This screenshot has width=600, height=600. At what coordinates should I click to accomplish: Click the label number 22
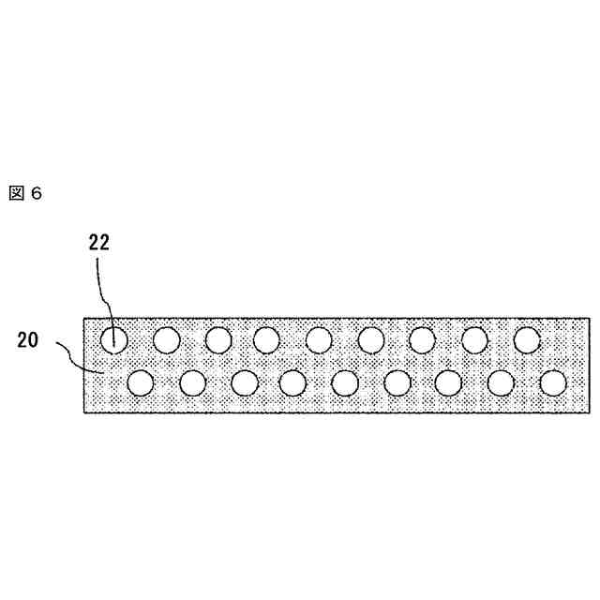99,242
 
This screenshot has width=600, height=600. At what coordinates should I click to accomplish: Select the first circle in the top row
114,338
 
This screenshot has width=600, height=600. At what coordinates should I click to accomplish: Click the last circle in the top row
528,338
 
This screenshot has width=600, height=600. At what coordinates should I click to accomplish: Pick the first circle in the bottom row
141,382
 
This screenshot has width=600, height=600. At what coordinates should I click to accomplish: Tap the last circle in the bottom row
553,382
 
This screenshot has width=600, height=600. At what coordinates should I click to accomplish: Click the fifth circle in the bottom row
346,382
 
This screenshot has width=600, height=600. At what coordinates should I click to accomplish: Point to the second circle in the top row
167,338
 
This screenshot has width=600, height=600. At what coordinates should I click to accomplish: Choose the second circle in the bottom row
192,382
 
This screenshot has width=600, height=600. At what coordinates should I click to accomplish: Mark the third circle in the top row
218,338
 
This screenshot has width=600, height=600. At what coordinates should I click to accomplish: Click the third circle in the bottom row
245,382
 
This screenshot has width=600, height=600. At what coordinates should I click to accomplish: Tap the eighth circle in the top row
475,338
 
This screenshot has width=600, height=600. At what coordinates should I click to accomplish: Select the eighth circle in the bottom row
502,382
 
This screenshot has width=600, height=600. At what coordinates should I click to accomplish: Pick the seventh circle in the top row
423,338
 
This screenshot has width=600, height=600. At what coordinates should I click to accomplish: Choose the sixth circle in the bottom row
397,382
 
